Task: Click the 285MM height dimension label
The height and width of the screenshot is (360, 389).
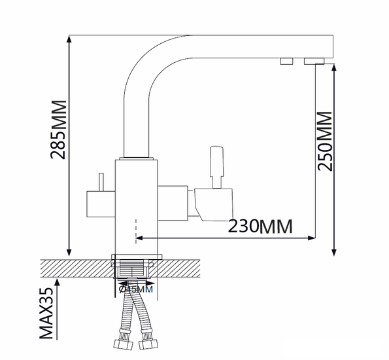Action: pos(59,130)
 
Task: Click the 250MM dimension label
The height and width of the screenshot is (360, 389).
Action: pos(325,141)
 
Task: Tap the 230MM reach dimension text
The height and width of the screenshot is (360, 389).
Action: pos(260,226)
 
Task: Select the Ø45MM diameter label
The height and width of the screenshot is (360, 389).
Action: pos(136,289)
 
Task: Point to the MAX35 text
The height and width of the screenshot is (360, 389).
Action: pos(46,314)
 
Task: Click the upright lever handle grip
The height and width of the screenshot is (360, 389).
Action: pos(216,162)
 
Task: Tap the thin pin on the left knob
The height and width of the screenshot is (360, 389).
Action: pos(101,182)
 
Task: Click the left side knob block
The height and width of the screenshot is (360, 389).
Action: pos(101,204)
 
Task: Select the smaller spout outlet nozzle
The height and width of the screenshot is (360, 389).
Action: pos(287,61)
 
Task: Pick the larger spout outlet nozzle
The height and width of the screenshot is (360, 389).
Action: pos(314,61)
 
